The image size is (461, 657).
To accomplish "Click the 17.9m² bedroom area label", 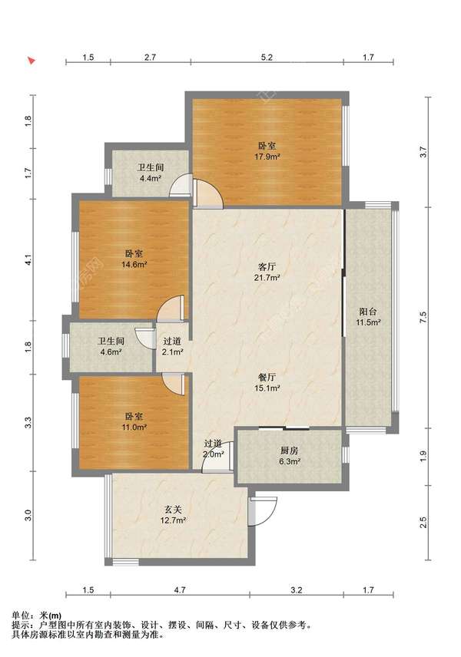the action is (267, 157).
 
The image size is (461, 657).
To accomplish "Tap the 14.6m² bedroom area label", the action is (134, 264).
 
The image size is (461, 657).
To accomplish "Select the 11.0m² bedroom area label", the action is (134, 428).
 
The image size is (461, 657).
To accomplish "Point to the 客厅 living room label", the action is (267, 266).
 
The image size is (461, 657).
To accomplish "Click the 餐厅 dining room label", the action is (267, 377).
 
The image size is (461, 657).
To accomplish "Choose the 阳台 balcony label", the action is (368, 312).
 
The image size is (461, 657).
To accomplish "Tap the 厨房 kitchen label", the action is (290, 451).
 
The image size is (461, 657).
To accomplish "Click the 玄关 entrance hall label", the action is (173, 510).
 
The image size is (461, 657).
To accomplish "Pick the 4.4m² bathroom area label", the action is (151, 178).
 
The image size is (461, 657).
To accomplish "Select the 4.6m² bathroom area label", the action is (111, 352).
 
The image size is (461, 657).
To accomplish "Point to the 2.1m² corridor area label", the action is (172, 352).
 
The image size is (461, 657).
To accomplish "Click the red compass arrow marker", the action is (31, 61).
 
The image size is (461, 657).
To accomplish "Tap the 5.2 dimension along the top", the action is (267, 58).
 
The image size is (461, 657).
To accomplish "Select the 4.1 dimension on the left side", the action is (28, 260).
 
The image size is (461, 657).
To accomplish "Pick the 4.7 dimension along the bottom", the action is (180, 590).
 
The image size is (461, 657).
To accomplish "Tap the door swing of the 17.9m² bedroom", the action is (208, 193).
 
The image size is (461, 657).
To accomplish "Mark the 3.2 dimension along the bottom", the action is (296, 590).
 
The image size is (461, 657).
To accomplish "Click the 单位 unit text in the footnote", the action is (20, 616).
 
